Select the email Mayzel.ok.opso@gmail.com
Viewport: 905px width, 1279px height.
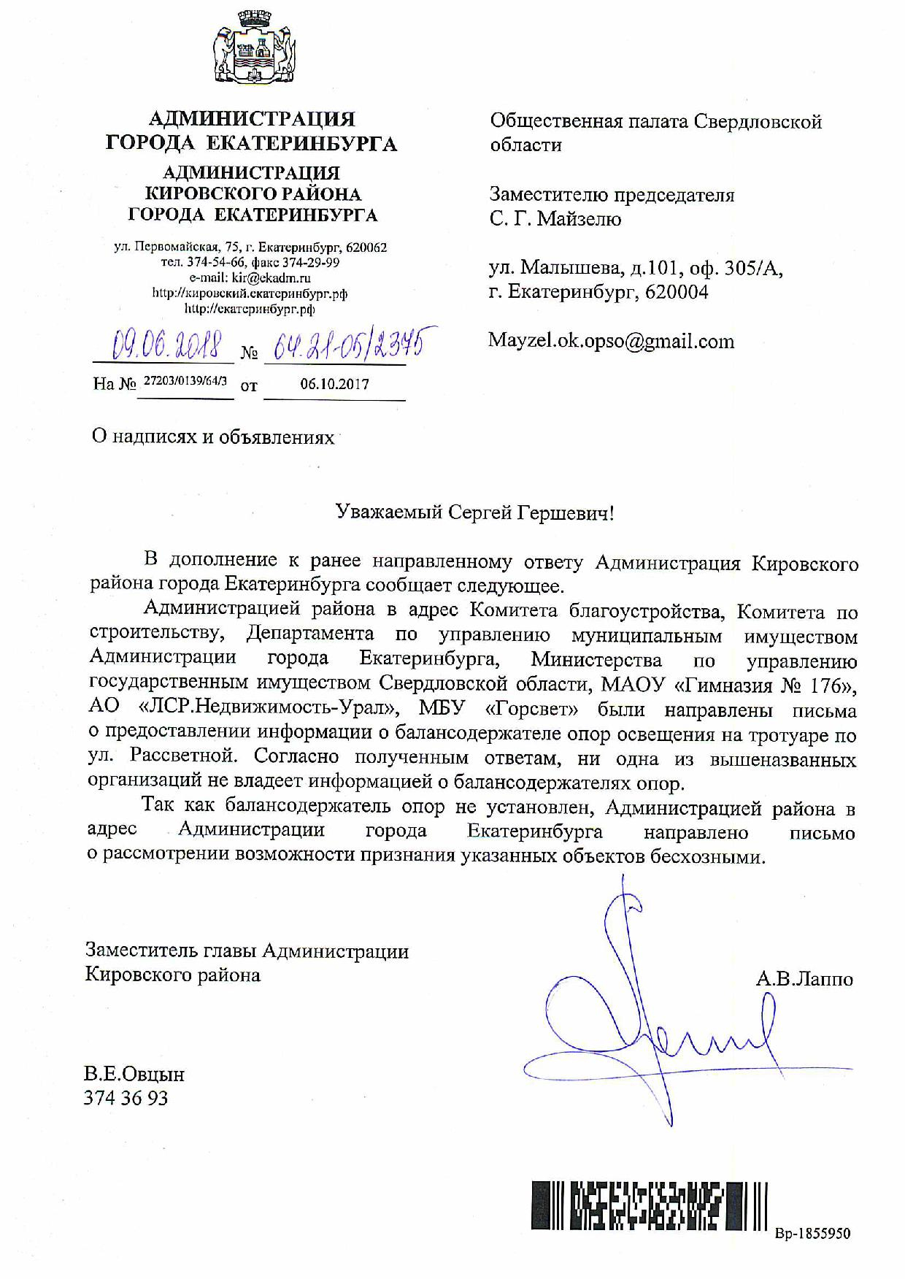click(612, 342)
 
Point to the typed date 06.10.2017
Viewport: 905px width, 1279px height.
click(334, 384)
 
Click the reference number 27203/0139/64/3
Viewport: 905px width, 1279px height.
click(185, 381)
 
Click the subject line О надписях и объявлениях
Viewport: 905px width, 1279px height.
click(212, 437)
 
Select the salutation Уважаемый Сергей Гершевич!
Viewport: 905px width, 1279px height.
click(475, 512)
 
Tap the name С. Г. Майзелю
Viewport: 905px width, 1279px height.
click(555, 219)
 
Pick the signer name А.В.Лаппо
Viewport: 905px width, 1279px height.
click(804, 979)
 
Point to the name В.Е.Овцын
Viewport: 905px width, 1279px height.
click(134, 1075)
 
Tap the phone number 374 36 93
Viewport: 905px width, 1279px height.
click(126, 1098)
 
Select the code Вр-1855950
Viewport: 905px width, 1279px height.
click(812, 1234)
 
